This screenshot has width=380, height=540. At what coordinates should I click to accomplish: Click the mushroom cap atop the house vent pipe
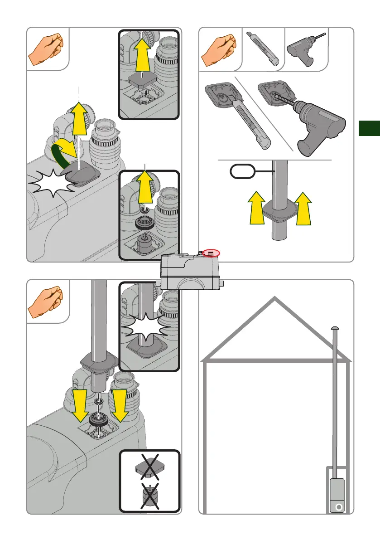(x=335, y=327)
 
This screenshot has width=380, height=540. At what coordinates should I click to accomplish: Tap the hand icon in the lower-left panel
(x=46, y=302)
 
